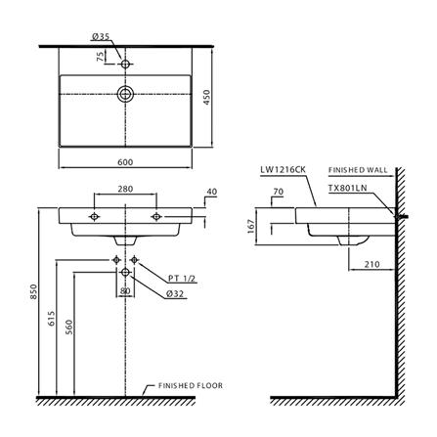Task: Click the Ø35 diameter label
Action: point(101,37)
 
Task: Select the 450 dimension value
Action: point(206,97)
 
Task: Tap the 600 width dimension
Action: point(125,162)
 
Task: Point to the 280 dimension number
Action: point(125,189)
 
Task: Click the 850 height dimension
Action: point(34,292)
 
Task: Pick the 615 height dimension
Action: point(52,319)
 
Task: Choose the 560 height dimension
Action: point(69,327)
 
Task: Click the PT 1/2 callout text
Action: point(182,279)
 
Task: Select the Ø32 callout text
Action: point(175,293)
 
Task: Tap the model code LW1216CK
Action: point(283,169)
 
